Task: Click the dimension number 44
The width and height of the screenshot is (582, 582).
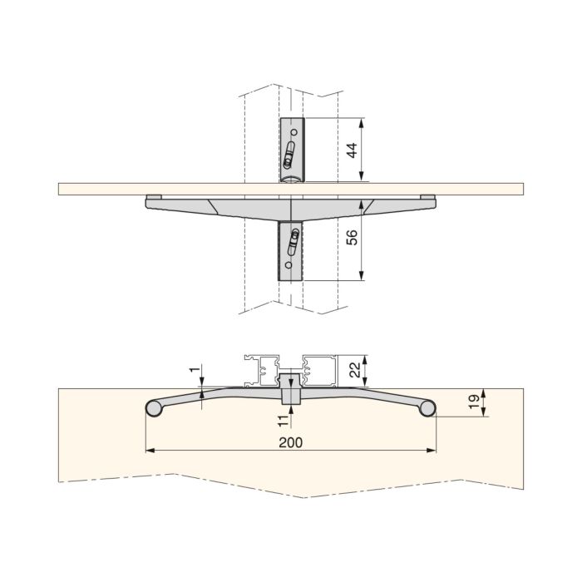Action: click(353, 150)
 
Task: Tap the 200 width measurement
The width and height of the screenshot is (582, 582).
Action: click(291, 441)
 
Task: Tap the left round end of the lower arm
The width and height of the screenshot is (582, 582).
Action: click(153, 408)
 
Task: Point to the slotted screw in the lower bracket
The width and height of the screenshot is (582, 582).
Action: click(292, 243)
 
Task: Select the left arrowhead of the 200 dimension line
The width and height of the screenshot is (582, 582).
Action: click(150, 451)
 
